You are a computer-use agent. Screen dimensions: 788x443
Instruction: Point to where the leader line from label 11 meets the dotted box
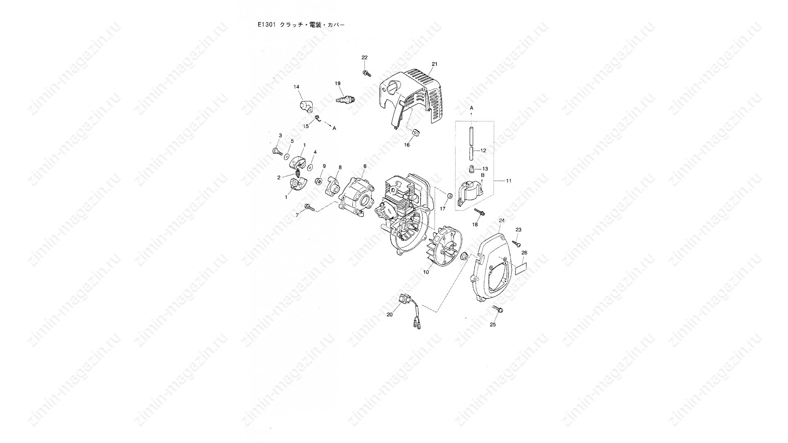(494, 180)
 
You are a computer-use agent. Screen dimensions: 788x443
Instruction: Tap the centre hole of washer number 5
(287, 157)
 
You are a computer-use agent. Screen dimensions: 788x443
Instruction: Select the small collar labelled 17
(449, 196)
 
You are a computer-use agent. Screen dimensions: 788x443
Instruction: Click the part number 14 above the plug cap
(296, 87)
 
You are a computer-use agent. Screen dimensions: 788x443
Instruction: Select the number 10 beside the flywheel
(426, 272)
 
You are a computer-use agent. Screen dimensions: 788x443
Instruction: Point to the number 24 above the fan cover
(502, 221)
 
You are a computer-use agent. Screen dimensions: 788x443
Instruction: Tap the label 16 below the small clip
(407, 145)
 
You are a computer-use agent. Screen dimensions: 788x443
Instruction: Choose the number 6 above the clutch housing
(364, 166)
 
